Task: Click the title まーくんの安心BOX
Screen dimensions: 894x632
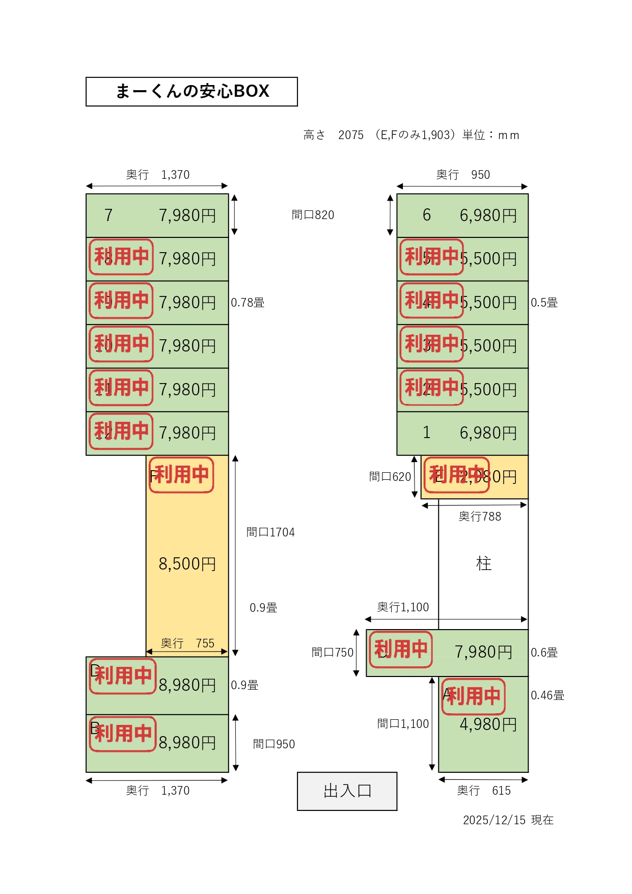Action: (192, 92)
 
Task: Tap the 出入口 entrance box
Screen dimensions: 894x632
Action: (347, 791)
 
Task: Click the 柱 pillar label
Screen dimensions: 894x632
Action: (483, 563)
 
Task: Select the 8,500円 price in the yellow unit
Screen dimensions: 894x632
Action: (187, 564)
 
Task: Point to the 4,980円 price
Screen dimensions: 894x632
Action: (488, 724)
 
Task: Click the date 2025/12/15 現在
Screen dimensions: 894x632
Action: (508, 820)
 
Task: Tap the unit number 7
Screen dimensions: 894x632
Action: (108, 215)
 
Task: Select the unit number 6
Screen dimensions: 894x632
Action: (427, 215)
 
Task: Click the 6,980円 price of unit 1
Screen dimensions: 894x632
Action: (488, 433)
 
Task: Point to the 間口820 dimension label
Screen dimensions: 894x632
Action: (313, 215)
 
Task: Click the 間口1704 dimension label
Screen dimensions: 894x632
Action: (270, 532)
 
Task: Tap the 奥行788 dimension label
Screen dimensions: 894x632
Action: (480, 517)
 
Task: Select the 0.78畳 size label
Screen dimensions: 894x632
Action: (248, 303)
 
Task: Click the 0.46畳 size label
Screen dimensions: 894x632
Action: (547, 695)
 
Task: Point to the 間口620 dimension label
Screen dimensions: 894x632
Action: (390, 477)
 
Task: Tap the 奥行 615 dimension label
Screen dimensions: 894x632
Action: (483, 791)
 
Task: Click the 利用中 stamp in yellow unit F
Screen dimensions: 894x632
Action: (181, 475)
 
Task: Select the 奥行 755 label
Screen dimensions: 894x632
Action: (187, 643)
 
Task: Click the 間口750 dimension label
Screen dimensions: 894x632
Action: (332, 653)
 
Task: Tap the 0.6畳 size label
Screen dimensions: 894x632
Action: (544, 653)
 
